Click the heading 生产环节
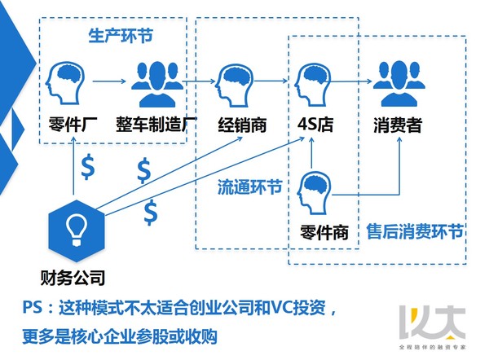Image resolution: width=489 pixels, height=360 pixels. click(121, 36)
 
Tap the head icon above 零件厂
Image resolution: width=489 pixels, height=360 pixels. click(65, 83)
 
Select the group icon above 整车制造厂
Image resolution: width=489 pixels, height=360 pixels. click(157, 84)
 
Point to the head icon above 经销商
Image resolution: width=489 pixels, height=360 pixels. click(235, 85)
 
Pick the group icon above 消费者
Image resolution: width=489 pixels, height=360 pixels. click(399, 84)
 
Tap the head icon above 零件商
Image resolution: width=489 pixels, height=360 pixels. click(314, 194)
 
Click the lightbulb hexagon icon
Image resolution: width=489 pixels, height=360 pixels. click(77, 231)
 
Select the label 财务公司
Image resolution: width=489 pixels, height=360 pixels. click(73, 278)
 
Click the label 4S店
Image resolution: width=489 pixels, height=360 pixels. click(315, 124)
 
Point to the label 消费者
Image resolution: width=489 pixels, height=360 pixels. click(398, 125)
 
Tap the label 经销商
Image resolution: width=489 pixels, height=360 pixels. click(242, 125)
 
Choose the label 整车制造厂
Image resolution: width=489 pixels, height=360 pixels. click(156, 125)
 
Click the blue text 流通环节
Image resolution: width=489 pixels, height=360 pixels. click(249, 187)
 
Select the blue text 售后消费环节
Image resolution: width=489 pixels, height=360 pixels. click(415, 231)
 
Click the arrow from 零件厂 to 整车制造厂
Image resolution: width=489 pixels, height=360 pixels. click(109, 81)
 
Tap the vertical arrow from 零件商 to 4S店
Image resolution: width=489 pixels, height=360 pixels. click(311, 153)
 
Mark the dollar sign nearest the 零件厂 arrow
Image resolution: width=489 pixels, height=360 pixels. click(88, 166)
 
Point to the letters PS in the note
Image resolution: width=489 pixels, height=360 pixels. click(32, 307)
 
